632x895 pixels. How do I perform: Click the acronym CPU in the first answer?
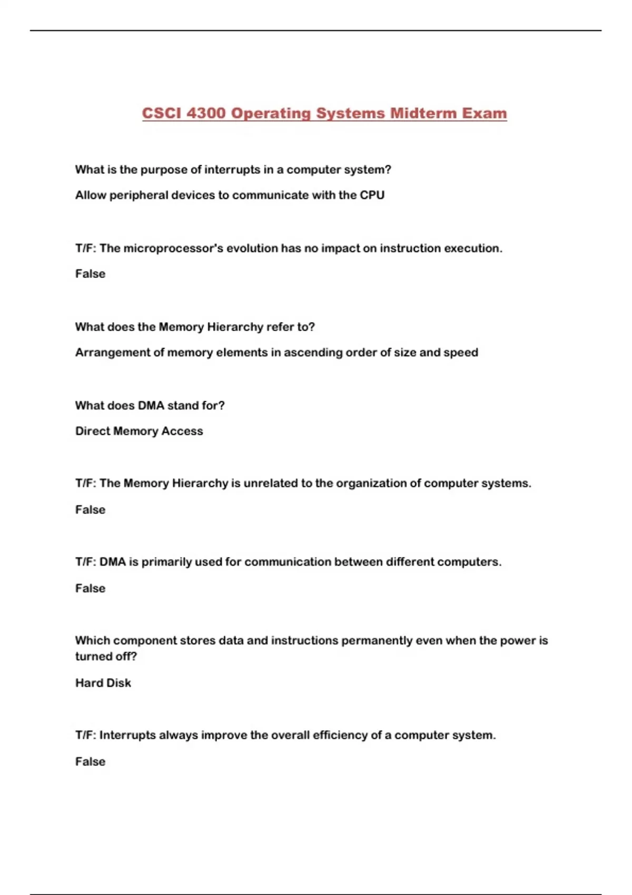click(x=372, y=195)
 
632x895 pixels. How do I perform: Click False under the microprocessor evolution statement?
click(x=90, y=274)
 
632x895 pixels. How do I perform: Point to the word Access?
click(x=182, y=431)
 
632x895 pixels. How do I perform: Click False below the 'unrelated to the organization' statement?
click(x=90, y=510)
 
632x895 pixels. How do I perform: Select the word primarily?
click(x=166, y=562)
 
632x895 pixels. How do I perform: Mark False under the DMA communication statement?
click(x=90, y=589)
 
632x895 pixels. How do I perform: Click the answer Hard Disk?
click(x=103, y=683)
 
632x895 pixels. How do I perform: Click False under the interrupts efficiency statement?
click(x=90, y=762)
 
